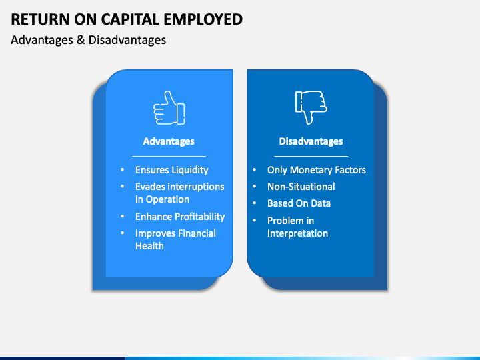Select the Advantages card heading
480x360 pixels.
(x=169, y=141)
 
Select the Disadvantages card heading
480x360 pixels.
(x=311, y=141)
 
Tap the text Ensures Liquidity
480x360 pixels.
(x=171, y=170)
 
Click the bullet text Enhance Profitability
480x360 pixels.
(x=180, y=217)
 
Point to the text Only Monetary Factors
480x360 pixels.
(x=316, y=170)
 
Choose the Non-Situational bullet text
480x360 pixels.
(x=301, y=187)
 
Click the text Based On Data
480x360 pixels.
(x=299, y=203)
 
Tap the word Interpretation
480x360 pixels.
(x=297, y=233)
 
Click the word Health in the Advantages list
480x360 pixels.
(x=149, y=246)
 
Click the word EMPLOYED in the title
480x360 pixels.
(x=205, y=19)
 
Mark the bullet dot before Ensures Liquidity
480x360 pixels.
(x=121, y=170)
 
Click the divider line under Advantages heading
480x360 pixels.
(x=169, y=156)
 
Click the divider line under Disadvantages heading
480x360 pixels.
(x=311, y=156)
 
